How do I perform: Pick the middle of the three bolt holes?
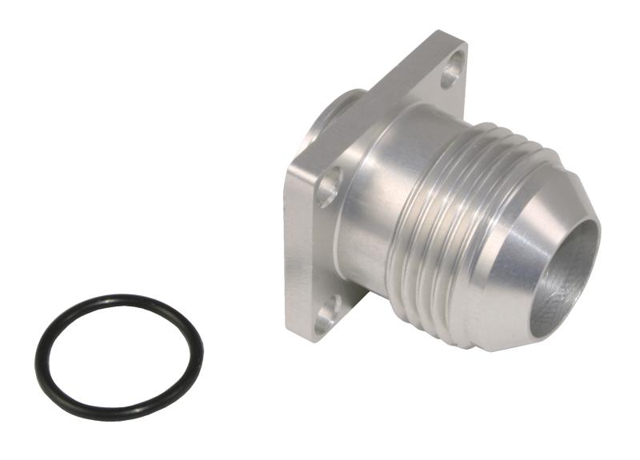point(328,189)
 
